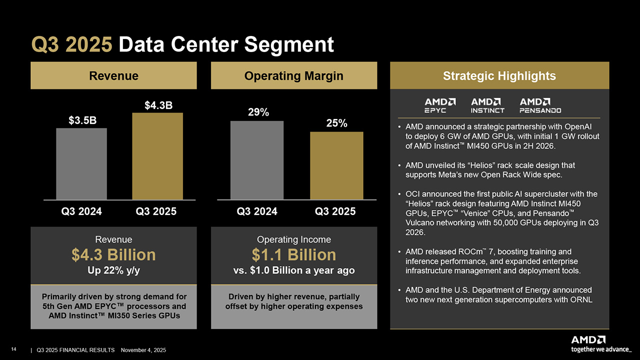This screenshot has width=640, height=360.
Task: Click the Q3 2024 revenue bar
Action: coord(81,164)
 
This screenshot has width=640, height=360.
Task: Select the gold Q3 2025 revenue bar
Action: coord(157,156)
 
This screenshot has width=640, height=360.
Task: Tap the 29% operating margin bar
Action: coord(257,160)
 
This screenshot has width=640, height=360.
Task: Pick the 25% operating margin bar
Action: coord(336,165)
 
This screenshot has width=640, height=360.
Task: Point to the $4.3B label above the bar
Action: coord(158,105)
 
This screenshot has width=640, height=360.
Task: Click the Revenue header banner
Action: coord(113,75)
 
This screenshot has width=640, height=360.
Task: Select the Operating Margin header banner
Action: coord(293,75)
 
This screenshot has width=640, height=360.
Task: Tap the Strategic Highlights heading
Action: coord(499,75)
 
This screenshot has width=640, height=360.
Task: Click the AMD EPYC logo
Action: coord(440,105)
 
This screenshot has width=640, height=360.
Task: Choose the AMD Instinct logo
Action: coord(487,105)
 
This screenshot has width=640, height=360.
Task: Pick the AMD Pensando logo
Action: coord(540,105)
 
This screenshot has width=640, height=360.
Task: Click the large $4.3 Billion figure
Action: coord(113,255)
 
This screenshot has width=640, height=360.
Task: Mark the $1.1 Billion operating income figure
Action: coord(293,255)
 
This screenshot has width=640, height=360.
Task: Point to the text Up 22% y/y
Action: coord(113,270)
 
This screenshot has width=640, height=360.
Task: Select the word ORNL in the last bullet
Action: coord(581,299)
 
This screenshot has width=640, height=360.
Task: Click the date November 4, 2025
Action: coord(144,350)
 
